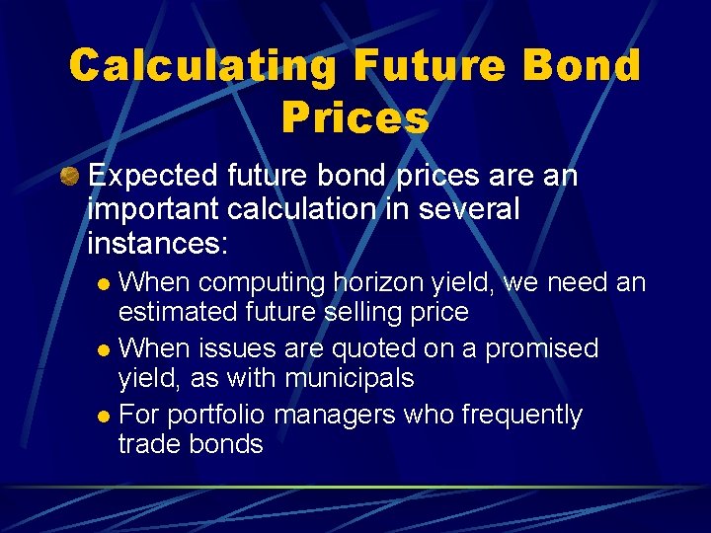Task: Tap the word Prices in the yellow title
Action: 355,117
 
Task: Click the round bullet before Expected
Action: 68,177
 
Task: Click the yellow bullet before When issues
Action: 107,350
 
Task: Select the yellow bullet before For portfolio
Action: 107,417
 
